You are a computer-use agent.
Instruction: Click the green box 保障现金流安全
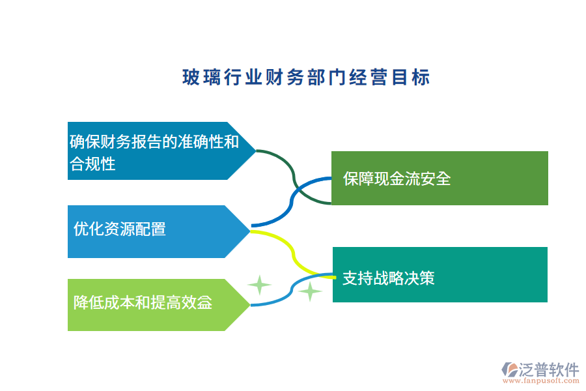(x=439, y=178)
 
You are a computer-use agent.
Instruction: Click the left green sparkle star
(x=259, y=285)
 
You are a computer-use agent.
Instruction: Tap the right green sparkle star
(x=311, y=291)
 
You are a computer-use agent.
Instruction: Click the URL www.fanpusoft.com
(x=542, y=383)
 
